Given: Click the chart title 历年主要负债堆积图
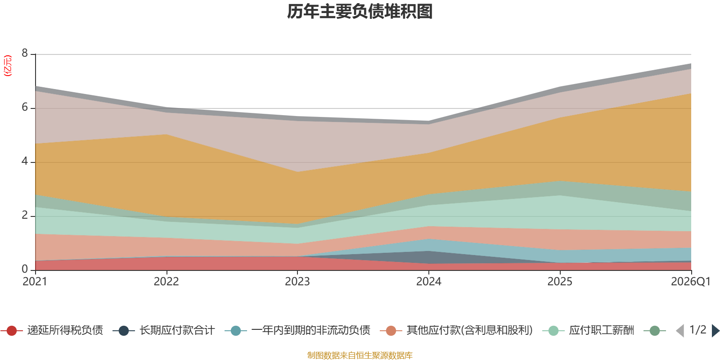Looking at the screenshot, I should [x=360, y=12].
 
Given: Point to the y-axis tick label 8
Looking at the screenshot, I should [x=25, y=54].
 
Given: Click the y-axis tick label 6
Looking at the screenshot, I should [x=25, y=108].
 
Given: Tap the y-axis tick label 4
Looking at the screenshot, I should [x=25, y=162].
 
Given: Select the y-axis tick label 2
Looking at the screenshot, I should [x=25, y=216].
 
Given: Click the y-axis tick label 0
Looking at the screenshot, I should [x=25, y=269].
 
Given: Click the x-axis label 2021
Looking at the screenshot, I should [x=35, y=282].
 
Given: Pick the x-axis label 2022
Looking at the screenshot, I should [x=166, y=282].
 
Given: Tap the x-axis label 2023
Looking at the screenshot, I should [x=297, y=282].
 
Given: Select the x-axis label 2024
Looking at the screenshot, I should [x=429, y=282].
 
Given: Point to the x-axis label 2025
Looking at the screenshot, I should [x=560, y=282].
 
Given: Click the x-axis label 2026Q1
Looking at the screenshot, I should [x=690, y=282].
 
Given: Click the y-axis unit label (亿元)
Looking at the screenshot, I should [x=8, y=66].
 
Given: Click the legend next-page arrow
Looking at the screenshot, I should [x=715, y=331].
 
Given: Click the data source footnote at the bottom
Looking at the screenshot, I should [x=360, y=355].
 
